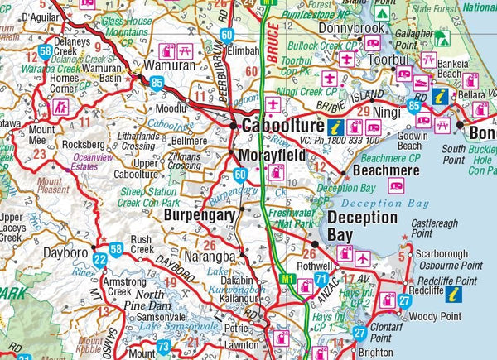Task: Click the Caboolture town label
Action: (282, 127)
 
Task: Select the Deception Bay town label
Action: (361, 226)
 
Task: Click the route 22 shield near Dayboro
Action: (100, 260)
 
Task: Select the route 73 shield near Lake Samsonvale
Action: (163, 347)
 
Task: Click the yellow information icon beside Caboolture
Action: (335, 127)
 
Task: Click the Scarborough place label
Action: (446, 253)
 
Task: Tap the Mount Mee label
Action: (42, 135)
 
